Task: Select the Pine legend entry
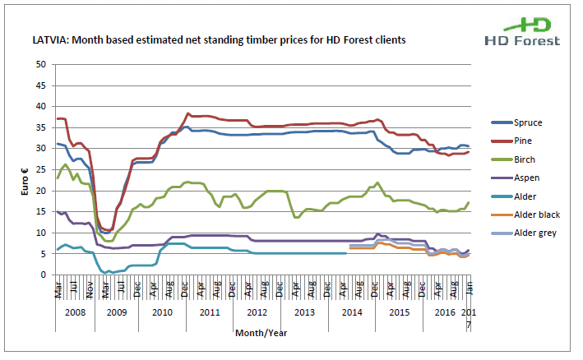(x=517, y=141)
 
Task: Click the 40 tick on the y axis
(x=42, y=106)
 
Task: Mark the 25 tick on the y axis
(x=42, y=169)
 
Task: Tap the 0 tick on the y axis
(x=45, y=275)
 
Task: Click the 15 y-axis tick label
(x=42, y=212)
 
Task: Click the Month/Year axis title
(x=262, y=334)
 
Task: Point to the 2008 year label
(x=75, y=313)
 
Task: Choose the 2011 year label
(x=209, y=313)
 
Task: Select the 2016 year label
(x=445, y=313)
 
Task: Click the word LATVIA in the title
(x=49, y=39)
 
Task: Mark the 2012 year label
(x=257, y=313)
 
